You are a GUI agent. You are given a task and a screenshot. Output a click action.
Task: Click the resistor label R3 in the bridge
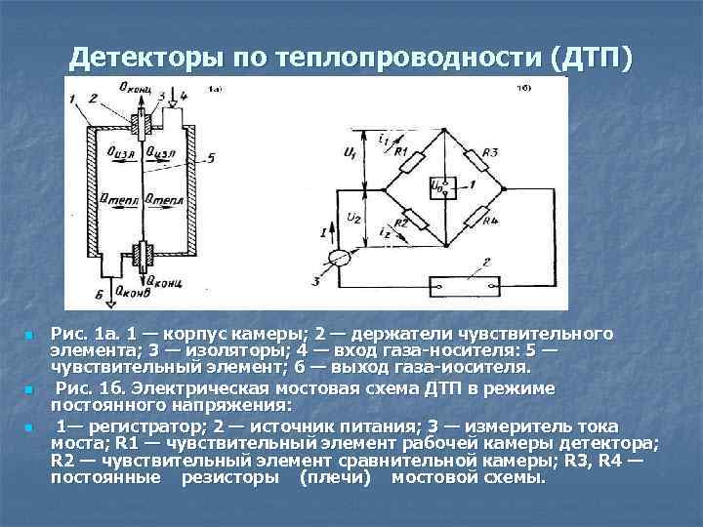coord(491,153)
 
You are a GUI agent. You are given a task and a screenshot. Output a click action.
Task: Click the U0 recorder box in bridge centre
coord(439,186)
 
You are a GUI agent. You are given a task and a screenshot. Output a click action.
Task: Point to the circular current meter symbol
coord(340,258)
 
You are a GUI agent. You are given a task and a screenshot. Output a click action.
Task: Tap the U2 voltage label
coord(352,221)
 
